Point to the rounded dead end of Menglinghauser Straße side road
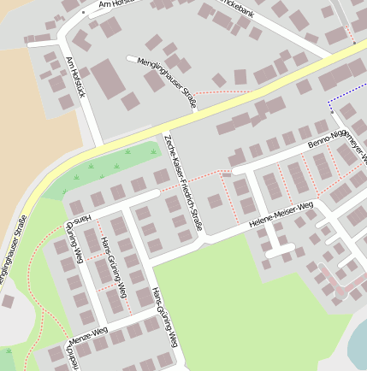[130, 59]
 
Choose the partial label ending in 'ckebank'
[237, 4]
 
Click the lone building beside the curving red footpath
[8, 301]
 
